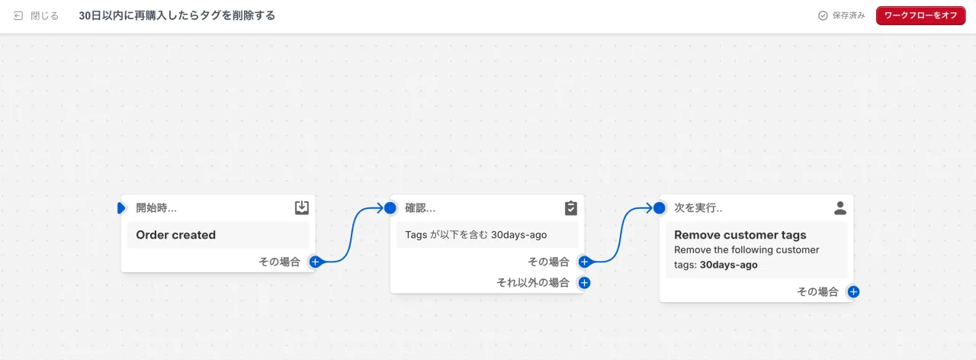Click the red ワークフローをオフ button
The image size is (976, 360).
920,16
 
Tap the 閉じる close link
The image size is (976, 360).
36,16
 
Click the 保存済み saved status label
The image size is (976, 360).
849,16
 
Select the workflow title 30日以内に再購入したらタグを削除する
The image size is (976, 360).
177,16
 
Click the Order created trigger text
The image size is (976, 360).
175,235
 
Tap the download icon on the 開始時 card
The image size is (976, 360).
301,207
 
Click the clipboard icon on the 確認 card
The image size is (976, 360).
571,208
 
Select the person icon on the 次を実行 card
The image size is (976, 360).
840,208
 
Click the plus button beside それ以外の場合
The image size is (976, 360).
584,283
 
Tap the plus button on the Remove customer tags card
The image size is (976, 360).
853,291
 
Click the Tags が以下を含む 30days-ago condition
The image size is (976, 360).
476,235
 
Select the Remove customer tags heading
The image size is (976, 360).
740,235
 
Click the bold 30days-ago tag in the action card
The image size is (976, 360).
728,265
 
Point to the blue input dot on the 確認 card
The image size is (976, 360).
390,208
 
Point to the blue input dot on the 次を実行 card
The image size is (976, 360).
660,208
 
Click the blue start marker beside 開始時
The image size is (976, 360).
121,208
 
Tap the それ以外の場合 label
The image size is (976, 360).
533,283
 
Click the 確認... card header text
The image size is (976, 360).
420,208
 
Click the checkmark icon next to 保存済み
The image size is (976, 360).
823,16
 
